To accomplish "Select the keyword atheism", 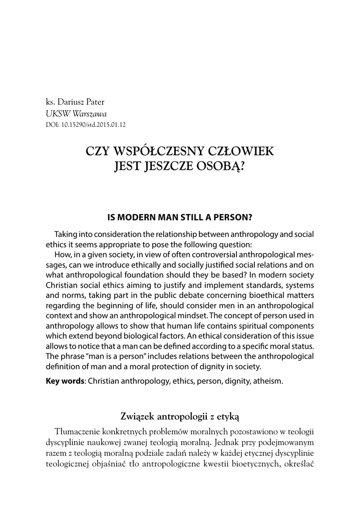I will tap(268, 381).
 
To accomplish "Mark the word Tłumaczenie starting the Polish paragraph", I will tap(79, 432).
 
